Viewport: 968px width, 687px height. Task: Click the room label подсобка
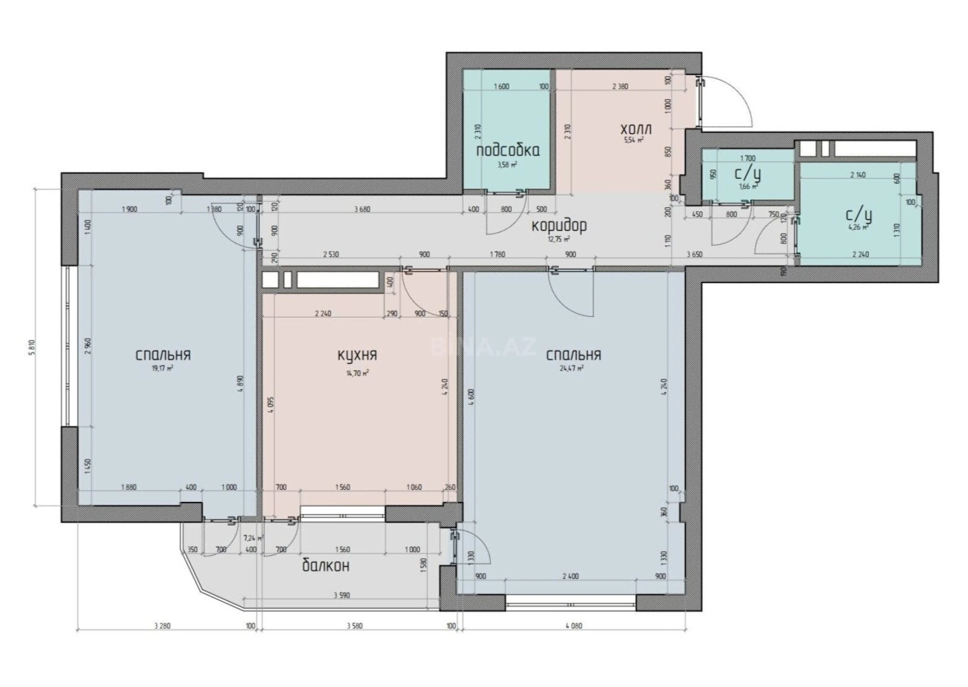point(508,151)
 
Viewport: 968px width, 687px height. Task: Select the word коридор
point(559,226)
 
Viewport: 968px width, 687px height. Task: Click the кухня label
point(357,356)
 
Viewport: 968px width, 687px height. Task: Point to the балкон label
point(326,566)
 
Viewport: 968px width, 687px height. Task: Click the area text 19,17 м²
point(163,368)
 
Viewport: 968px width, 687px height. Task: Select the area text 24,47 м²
point(573,368)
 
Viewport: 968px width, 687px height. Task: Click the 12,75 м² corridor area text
point(559,239)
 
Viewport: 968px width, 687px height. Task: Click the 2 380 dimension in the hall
point(620,86)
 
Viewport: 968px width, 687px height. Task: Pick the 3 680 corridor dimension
point(362,210)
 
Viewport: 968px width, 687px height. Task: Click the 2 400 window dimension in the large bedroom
point(570,576)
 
